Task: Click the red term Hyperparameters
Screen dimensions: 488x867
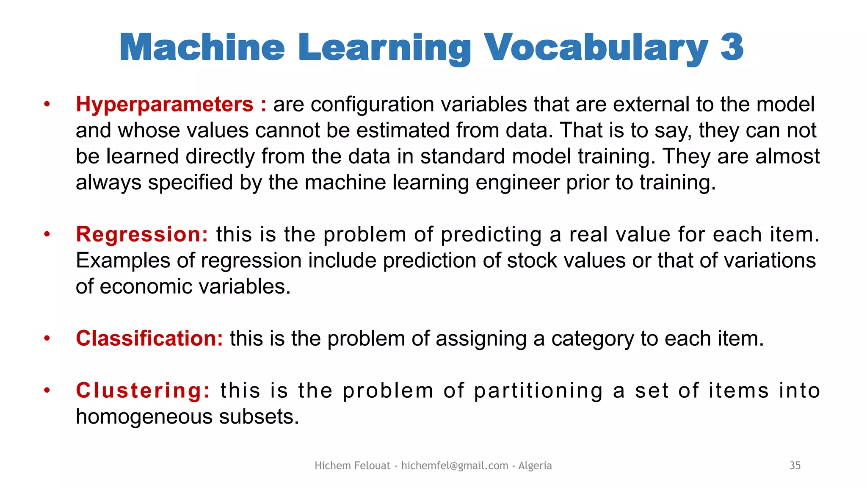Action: [x=164, y=105]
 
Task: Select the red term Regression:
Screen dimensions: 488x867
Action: [x=142, y=234]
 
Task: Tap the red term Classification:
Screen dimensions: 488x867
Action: [x=149, y=338]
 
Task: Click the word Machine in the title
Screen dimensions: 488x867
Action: [x=202, y=47]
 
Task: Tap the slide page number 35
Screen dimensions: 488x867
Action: [x=795, y=466]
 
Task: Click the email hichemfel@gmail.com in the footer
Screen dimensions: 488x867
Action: [x=454, y=466]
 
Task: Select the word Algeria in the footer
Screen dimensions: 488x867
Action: [x=535, y=466]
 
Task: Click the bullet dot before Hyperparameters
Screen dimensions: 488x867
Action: [x=47, y=104]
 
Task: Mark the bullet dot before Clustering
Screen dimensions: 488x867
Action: [x=47, y=390]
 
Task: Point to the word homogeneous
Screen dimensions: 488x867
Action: [x=144, y=417]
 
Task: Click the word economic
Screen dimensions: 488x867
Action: [x=146, y=287]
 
